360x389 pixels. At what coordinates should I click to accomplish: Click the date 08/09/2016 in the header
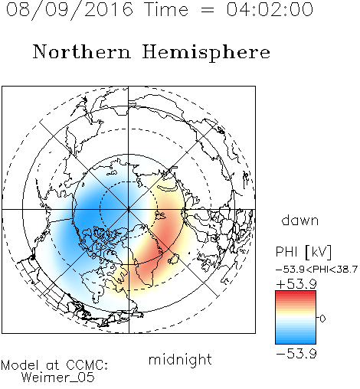(x=69, y=10)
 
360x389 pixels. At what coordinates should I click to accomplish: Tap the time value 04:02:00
(x=270, y=10)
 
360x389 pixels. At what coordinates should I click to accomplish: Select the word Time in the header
(x=166, y=10)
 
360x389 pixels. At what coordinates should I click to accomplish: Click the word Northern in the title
(x=81, y=52)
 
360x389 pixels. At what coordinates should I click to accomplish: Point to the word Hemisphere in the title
(x=206, y=53)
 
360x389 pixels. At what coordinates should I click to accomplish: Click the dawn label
(x=300, y=220)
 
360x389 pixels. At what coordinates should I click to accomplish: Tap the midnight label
(x=180, y=359)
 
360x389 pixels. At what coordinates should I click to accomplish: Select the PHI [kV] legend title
(x=303, y=252)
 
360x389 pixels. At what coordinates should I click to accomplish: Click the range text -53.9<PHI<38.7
(x=316, y=270)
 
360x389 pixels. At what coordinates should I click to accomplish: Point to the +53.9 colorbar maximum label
(x=296, y=284)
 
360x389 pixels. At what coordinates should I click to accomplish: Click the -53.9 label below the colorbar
(x=296, y=354)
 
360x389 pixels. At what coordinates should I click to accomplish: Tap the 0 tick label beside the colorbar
(x=322, y=319)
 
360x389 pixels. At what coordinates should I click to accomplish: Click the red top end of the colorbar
(x=296, y=293)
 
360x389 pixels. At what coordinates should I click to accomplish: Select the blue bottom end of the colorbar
(x=296, y=342)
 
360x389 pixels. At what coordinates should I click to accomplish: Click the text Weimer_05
(x=58, y=378)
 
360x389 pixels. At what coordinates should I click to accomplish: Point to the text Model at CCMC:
(x=54, y=365)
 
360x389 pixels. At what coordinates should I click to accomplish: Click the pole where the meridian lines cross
(x=129, y=210)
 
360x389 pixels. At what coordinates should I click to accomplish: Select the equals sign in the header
(x=208, y=11)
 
